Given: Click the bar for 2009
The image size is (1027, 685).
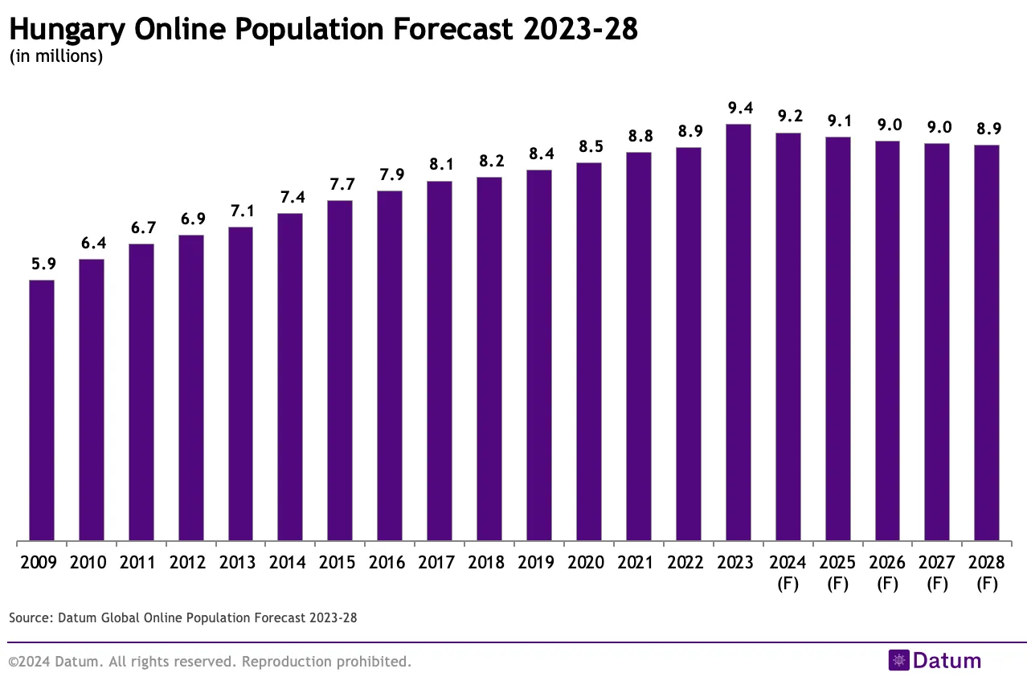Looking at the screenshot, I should coord(42,410).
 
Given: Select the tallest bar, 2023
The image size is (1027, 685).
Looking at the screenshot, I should coord(739,332).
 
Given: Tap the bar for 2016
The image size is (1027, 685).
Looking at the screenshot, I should coord(390,366).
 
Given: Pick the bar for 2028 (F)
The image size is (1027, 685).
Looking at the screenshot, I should coord(987,342).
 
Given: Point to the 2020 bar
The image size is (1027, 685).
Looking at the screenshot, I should coord(589,351).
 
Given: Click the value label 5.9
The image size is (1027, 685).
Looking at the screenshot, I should coord(42,264).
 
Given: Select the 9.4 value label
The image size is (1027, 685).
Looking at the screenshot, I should coord(739,108).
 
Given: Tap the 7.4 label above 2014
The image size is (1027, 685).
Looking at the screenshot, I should coord(290,197).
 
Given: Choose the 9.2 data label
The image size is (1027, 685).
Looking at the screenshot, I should coord(788,117).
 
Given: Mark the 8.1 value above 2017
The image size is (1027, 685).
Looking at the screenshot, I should coord(440,165).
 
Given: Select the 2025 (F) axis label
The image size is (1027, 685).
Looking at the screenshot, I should coord(838,572).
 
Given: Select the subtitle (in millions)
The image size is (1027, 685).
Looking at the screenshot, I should coord(56,57).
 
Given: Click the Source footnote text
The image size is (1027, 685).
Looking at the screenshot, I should coord(183,617).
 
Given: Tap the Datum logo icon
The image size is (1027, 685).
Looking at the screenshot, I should coord(898,661).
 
